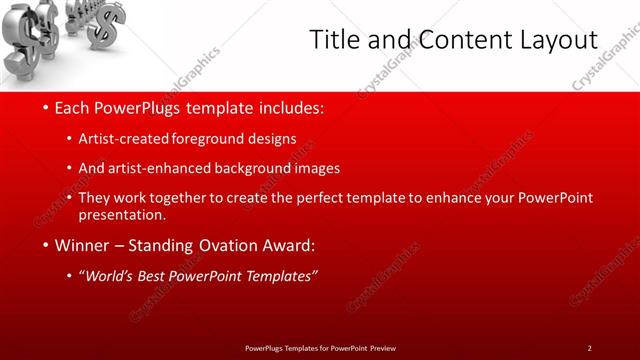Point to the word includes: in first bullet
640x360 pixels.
point(290,107)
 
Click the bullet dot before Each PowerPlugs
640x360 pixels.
point(47,107)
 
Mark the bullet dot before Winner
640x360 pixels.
point(47,245)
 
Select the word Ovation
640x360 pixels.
point(232,245)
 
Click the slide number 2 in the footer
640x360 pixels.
point(589,347)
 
